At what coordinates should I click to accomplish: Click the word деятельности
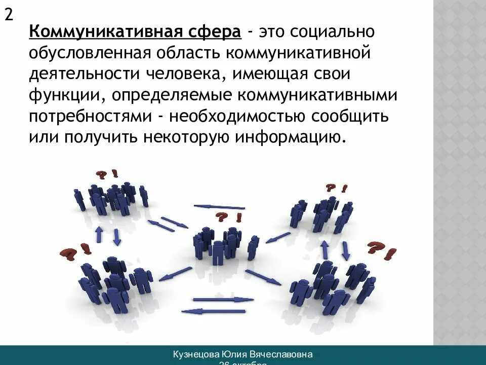(85, 74)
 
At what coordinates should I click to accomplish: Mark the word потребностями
(90, 116)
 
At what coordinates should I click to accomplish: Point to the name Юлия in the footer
(234, 354)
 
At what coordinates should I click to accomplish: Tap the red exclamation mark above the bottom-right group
(390, 252)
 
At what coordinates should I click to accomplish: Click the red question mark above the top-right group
(331, 188)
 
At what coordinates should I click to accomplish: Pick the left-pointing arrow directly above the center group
(220, 207)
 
